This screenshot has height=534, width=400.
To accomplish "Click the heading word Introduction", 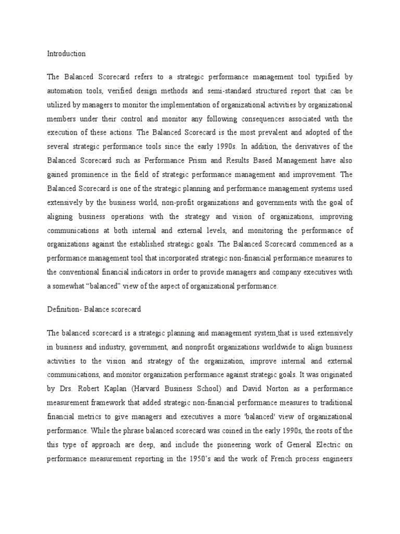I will coord(66,54).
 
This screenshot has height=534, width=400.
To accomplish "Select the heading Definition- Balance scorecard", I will coord(94,309).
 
